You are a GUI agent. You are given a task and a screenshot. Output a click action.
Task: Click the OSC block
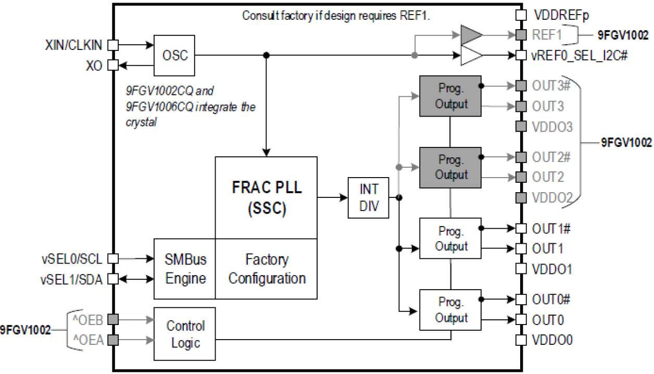coord(175,55)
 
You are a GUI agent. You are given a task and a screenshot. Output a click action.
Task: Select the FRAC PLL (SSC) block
coord(266,197)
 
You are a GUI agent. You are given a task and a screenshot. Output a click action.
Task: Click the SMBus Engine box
coord(185,269)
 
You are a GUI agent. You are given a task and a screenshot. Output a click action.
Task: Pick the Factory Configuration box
coord(266,269)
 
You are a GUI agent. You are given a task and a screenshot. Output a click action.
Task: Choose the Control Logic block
coord(185,334)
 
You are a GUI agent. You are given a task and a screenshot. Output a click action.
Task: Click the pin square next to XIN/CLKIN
coord(112,45)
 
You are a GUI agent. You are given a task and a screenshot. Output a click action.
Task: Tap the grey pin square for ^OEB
coord(112,319)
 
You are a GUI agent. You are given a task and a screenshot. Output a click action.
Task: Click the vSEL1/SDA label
coord(72,278)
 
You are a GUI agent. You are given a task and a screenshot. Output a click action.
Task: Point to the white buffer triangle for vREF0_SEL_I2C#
coord(471,55)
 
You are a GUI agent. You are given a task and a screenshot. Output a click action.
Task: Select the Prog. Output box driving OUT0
coord(450,310)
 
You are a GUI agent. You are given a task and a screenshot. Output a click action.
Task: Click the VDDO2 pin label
coord(552,198)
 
